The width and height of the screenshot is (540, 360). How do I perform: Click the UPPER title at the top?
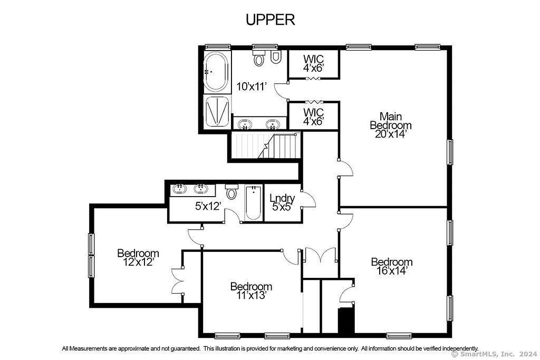click(x=271, y=20)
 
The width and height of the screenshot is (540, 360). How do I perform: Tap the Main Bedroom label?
click(x=391, y=121)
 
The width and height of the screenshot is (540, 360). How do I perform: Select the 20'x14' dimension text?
click(x=391, y=134)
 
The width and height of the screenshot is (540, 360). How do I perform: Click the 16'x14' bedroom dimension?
click(x=392, y=270)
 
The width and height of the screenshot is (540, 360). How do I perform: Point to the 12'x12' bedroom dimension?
click(x=138, y=262)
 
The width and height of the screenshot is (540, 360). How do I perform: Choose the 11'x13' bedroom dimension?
click(x=252, y=295)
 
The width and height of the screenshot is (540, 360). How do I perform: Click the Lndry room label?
click(x=282, y=198)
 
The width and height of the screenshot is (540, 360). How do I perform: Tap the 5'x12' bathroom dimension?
click(x=208, y=206)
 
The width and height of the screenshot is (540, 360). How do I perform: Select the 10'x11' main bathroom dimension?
click(x=252, y=86)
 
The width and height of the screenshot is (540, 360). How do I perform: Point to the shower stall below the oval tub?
click(x=217, y=112)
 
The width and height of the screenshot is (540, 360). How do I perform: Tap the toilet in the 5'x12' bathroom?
click(x=232, y=192)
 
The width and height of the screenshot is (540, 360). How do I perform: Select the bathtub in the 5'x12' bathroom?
click(x=254, y=203)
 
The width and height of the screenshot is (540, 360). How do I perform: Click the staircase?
click(x=265, y=145)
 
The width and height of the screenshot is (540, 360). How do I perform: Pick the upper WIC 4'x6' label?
click(x=313, y=63)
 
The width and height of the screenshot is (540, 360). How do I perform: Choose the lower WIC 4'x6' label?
click(x=313, y=116)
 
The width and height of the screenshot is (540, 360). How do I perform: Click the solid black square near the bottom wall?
click(x=346, y=320)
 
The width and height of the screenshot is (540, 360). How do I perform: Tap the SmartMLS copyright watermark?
click(x=494, y=354)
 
